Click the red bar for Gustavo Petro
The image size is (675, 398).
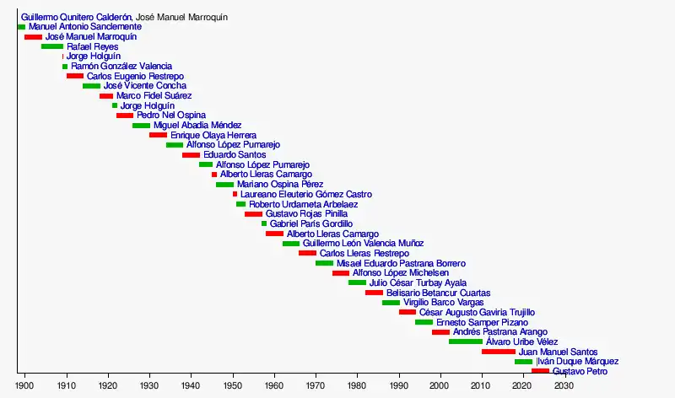pyautogui.click(x=540, y=371)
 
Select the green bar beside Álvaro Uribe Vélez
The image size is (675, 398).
pyautogui.click(x=466, y=342)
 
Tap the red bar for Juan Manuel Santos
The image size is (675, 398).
pyautogui.click(x=498, y=352)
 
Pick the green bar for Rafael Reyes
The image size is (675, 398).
pyautogui.click(x=52, y=46)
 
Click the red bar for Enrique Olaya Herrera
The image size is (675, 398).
pyautogui.click(x=158, y=135)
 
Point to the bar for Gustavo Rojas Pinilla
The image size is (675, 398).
pyautogui.click(x=253, y=214)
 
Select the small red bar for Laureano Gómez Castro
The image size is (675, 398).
pyautogui.click(x=235, y=194)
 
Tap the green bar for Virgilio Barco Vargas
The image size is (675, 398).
pyautogui.click(x=391, y=302)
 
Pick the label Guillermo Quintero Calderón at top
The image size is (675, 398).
pyautogui.click(x=76, y=17)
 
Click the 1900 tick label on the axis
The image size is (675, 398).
pyautogui.click(x=24, y=385)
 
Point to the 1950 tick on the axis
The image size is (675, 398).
pyautogui.click(x=232, y=385)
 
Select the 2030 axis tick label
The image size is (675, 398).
pyautogui.click(x=564, y=385)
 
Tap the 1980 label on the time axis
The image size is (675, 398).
pyautogui.click(x=357, y=385)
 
